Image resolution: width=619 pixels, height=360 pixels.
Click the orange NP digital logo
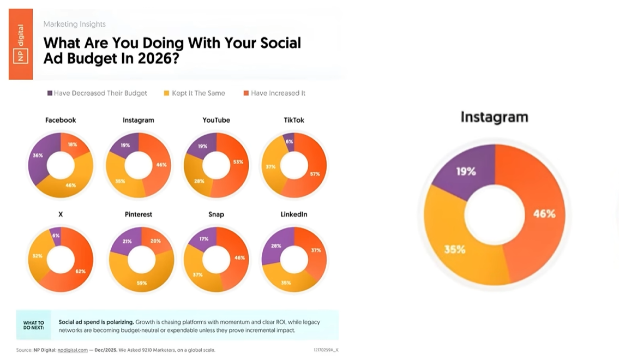[21, 44]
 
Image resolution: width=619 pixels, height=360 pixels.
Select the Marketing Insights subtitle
[74, 24]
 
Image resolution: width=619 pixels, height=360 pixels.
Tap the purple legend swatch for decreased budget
[50, 93]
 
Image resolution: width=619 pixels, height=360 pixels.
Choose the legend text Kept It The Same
[199, 93]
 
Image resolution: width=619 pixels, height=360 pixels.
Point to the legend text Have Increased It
[278, 93]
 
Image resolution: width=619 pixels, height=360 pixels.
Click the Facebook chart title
[61, 120]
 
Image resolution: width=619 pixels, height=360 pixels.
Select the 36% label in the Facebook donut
[38, 155]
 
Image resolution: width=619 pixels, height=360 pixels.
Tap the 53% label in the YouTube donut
[237, 162]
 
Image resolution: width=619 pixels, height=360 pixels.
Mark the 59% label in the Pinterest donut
[142, 284]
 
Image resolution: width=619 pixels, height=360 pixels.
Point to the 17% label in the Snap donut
[204, 238]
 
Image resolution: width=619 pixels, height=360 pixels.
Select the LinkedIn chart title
[293, 214]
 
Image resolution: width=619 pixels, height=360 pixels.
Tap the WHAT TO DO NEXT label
[34, 326]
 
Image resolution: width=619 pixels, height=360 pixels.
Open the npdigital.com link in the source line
[73, 350]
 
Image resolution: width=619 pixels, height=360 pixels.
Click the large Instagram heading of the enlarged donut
[494, 117]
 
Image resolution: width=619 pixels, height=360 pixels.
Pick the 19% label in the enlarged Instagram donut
[466, 171]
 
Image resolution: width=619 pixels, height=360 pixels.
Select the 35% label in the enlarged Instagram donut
[454, 249]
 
